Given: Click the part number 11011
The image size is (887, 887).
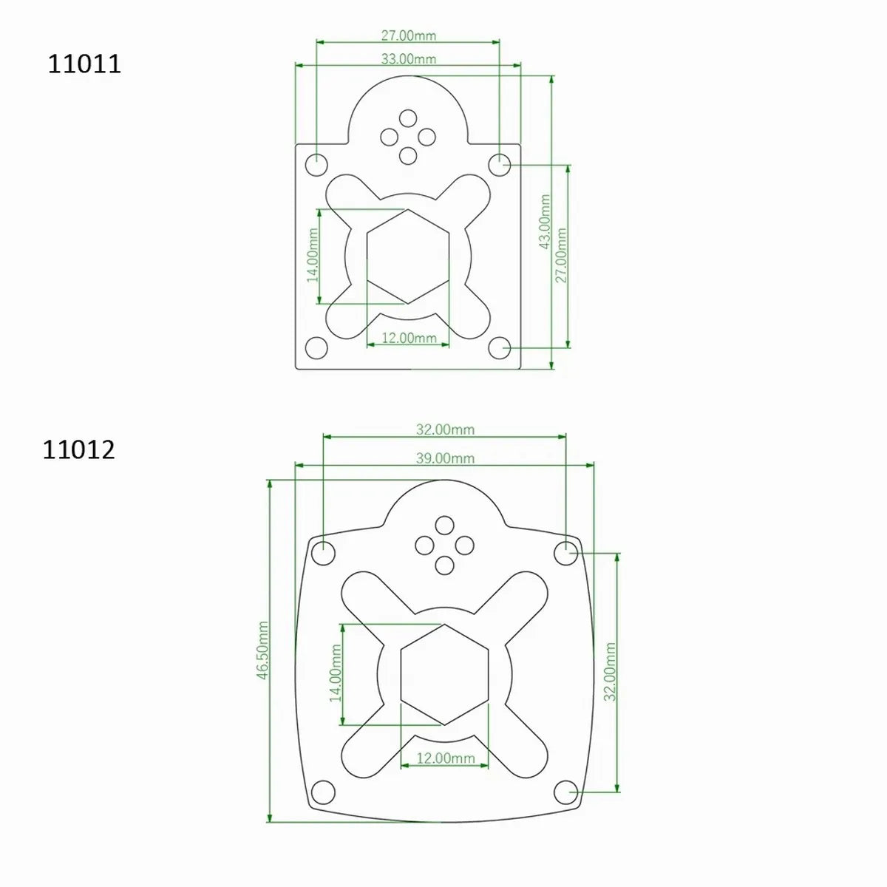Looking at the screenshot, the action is point(84,64).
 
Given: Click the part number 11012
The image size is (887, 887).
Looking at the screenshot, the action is point(78,449).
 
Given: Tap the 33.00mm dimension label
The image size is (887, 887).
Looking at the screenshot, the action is point(408,59).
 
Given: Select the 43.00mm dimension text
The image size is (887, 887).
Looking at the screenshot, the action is point(545,222).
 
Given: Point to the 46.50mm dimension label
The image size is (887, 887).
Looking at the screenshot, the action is point(262,650).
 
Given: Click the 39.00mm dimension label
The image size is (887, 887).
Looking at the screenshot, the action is point(445,458).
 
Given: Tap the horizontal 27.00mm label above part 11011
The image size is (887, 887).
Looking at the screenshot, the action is point(408,35).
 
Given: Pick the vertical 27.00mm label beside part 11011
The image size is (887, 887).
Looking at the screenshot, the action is point(560,255).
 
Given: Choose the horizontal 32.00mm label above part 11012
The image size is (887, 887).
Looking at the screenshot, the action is point(445,429).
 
